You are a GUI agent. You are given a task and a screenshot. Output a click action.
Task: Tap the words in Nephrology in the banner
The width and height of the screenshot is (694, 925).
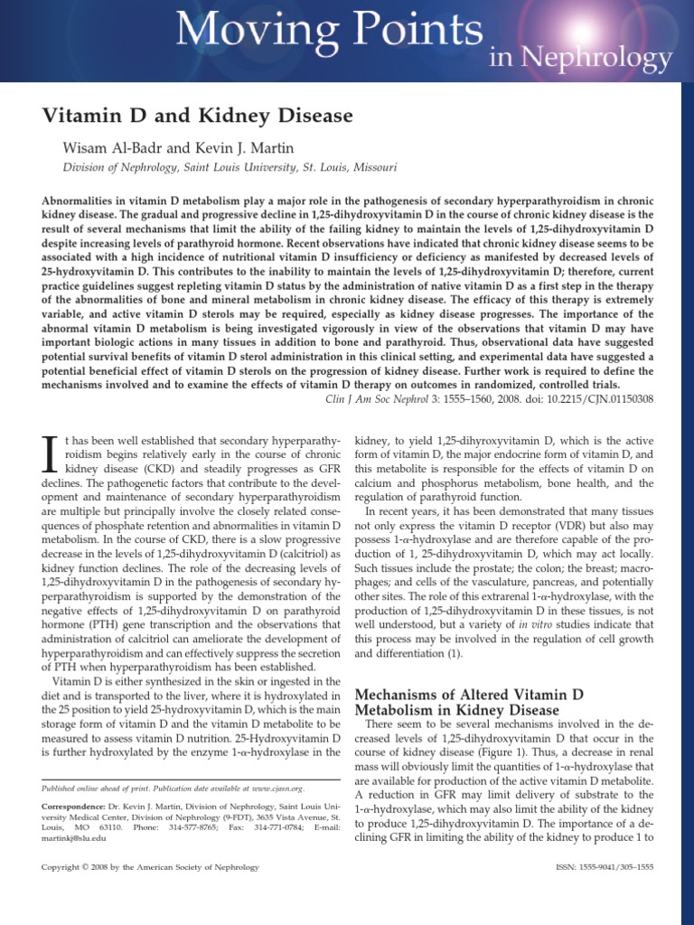(x=579, y=59)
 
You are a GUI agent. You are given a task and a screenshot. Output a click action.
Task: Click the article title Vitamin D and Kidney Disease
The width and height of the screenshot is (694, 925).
(x=198, y=116)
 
